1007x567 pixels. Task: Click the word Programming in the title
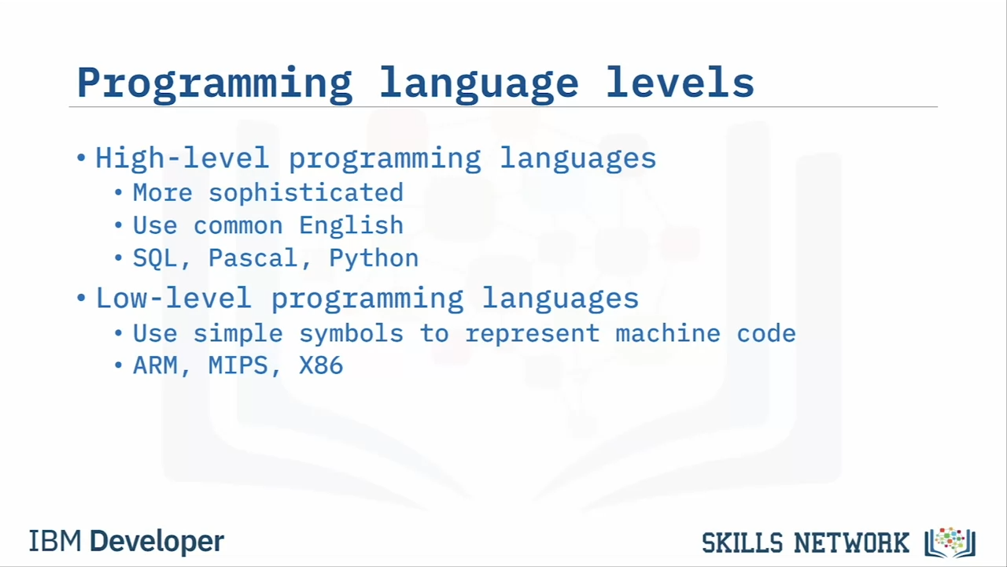[215, 84]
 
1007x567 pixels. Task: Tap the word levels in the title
[680, 81]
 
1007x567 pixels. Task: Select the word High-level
[182, 159]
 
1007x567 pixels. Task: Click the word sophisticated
[306, 194]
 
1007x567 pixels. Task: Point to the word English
[351, 226]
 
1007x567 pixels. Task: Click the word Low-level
[174, 298]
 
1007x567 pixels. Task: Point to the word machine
[668, 333]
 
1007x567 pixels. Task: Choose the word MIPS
[238, 365]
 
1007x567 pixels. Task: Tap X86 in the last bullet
[321, 365]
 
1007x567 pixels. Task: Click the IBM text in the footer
[55, 541]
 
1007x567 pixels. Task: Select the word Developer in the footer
[157, 542]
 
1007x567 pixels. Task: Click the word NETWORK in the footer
[851, 543]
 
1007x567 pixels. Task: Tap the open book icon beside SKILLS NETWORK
[950, 543]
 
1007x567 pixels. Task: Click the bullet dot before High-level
[81, 158]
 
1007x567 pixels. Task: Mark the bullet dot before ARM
[118, 365]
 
